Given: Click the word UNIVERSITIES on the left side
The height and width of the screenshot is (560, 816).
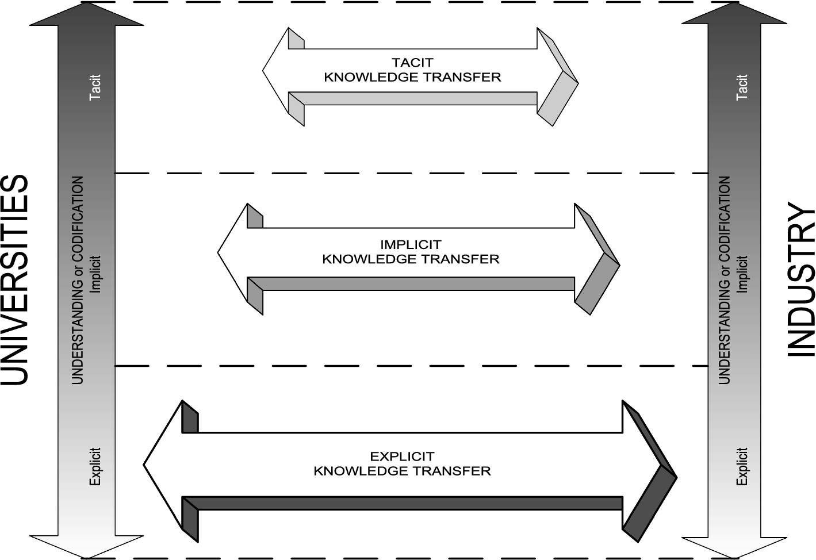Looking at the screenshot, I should tap(14, 280).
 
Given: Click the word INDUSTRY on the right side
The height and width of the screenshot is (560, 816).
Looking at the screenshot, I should tap(800, 280).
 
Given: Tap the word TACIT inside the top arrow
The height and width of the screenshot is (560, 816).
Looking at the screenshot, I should tap(412, 62).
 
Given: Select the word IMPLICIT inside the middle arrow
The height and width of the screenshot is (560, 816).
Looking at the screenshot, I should tap(411, 244).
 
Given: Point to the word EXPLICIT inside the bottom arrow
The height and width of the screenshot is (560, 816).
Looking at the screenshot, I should tap(402, 457).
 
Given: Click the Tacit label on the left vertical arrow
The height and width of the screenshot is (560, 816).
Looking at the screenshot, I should tap(95, 87).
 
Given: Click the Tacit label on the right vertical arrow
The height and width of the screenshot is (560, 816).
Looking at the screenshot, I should tap(742, 87).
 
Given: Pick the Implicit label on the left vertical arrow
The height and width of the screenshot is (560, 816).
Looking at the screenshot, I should tap(95, 274).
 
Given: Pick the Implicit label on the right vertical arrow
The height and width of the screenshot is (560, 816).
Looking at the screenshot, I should tap(742, 274).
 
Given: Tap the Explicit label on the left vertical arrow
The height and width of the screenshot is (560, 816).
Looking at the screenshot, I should tap(95, 466).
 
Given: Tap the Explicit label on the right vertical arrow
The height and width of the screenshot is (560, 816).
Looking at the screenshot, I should tap(742, 466).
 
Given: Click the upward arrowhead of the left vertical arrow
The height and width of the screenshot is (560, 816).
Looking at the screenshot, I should tap(86, 14).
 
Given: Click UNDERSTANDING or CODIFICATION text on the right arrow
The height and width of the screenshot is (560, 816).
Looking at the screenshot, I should tap(725, 280).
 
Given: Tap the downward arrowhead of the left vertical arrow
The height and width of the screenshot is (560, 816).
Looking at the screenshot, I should tap(86, 546).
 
